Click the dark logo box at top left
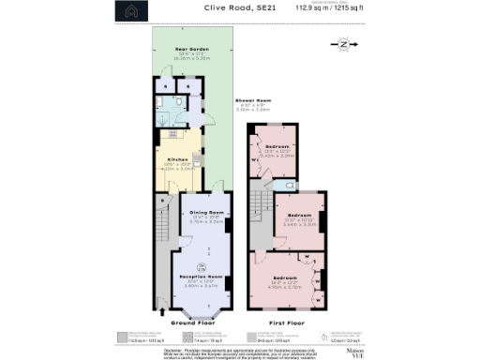[132, 12]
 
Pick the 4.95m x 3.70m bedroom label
[286, 278]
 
